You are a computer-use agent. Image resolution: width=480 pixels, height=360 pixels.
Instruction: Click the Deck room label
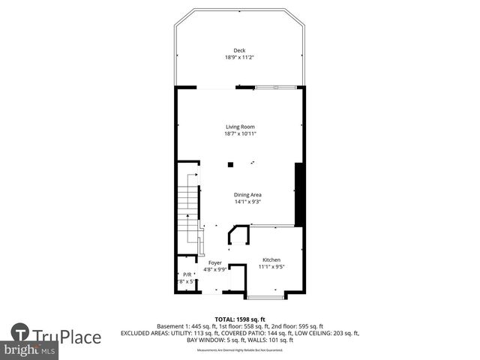click(239, 50)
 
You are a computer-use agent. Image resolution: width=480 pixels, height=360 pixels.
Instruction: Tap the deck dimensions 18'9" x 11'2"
click(239, 58)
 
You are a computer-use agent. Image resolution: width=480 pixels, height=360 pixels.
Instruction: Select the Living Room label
click(240, 127)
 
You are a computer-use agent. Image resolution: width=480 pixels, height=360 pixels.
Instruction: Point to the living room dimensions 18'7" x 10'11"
click(240, 134)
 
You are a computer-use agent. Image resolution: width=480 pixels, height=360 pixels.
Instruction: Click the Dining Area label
click(247, 194)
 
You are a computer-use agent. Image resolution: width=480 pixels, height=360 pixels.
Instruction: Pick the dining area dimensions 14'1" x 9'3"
click(247, 201)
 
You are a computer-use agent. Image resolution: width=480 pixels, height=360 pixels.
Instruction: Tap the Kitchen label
click(271, 259)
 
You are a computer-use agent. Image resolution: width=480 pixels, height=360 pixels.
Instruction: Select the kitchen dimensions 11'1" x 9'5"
click(271, 266)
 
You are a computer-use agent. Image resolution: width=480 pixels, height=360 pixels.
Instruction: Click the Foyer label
click(214, 262)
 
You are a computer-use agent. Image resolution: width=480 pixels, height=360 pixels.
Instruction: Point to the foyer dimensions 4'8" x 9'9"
click(214, 269)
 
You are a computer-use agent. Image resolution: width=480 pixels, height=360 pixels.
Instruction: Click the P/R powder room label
click(187, 274)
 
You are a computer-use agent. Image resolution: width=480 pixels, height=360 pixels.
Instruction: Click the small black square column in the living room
click(230, 164)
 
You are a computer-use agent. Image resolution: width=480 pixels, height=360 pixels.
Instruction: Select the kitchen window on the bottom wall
click(265, 297)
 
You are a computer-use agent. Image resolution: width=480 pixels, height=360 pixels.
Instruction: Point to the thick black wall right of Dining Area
click(298, 193)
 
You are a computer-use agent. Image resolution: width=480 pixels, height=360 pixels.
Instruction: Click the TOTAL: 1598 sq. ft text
click(239, 319)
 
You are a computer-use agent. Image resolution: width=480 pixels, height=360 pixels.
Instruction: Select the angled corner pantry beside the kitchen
click(239, 235)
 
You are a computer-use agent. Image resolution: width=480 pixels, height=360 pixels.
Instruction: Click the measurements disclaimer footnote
click(239, 350)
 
